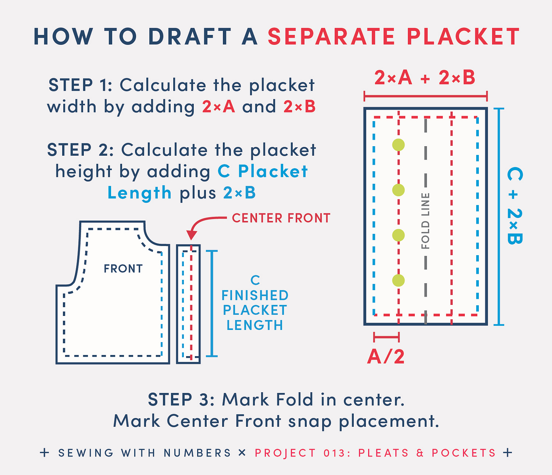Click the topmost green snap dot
(398, 145)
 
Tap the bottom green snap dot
(398, 280)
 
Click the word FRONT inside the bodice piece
(123, 268)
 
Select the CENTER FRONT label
(281, 218)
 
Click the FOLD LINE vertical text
(425, 221)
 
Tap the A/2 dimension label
(386, 357)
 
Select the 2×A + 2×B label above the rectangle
(425, 78)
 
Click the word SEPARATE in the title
(331, 36)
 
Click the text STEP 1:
(80, 85)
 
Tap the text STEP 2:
(80, 150)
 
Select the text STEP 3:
(181, 399)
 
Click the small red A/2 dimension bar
(386, 337)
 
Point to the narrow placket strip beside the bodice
(188, 304)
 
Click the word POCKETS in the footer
(464, 453)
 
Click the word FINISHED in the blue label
(255, 295)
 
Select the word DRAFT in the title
(190, 36)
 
